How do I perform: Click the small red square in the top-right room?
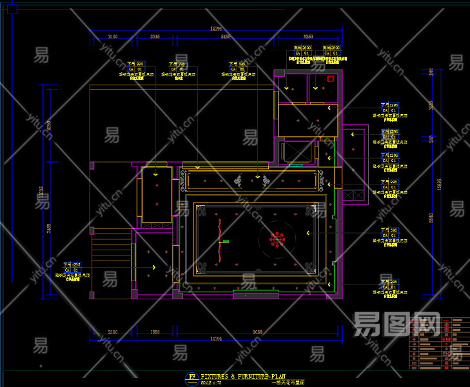tap(330, 79)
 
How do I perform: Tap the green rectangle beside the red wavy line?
tap(226, 241)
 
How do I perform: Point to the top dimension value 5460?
tap(226, 37)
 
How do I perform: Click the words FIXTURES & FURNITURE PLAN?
tap(242, 375)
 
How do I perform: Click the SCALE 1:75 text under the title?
tap(211, 382)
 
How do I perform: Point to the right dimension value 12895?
tap(439, 184)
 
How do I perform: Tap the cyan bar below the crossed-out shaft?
tap(295, 165)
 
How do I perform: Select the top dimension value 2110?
tap(113, 37)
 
